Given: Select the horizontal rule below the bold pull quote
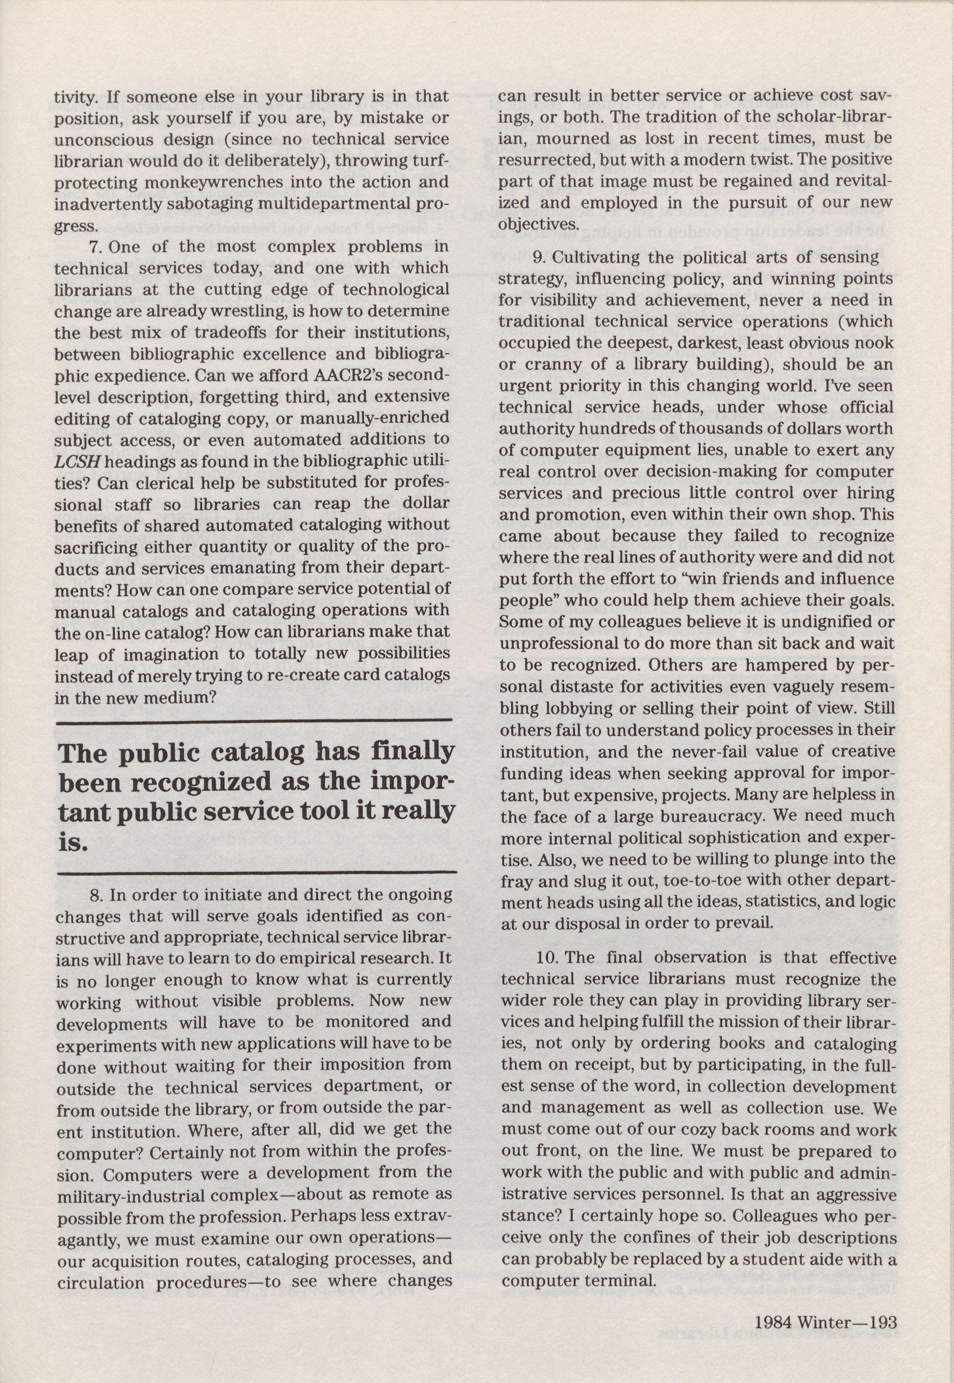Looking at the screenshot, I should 256,874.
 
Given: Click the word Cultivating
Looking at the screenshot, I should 605,258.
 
